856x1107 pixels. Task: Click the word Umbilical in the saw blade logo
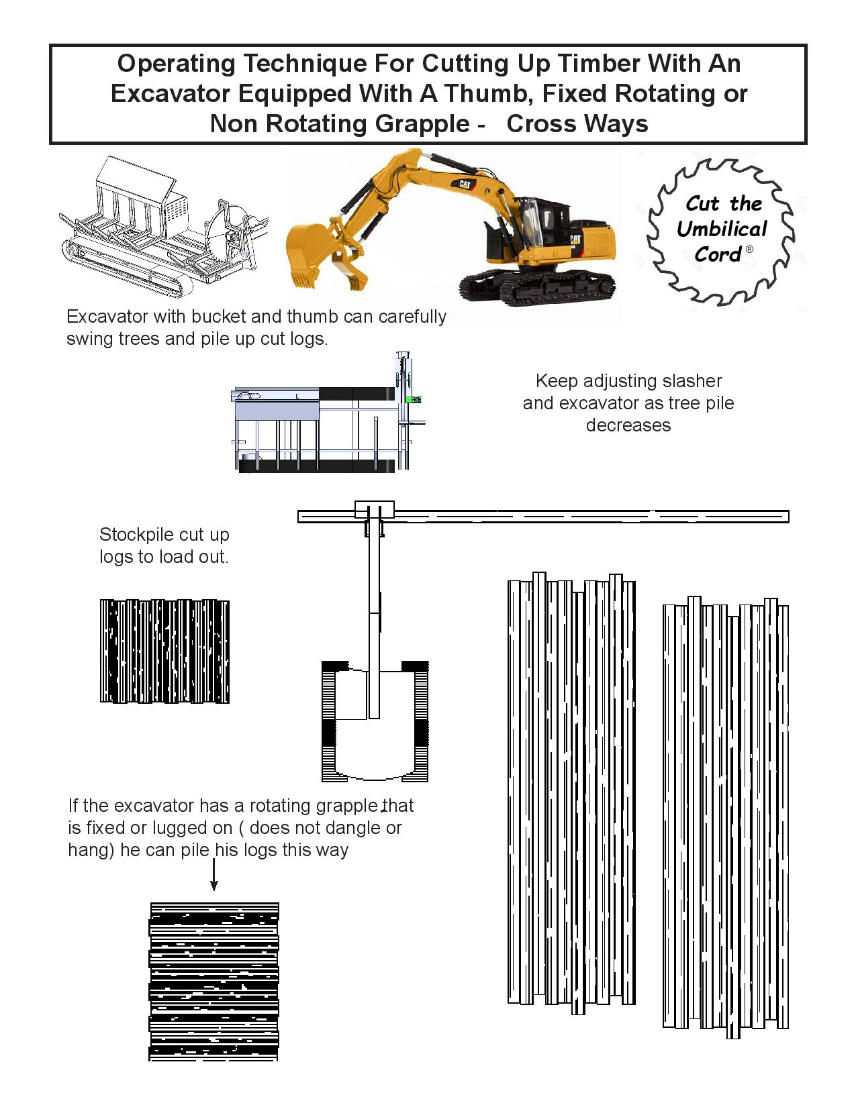click(722, 229)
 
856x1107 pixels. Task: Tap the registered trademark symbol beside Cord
click(750, 250)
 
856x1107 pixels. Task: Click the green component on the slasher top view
click(414, 399)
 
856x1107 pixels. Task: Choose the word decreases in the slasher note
click(628, 425)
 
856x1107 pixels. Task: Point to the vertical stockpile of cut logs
click(164, 651)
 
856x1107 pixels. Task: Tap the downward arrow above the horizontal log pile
click(213, 876)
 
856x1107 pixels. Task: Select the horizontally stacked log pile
click(213, 981)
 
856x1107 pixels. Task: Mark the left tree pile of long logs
click(571, 792)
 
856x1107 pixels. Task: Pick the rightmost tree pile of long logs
click(726, 815)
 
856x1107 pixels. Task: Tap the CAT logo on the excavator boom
click(464, 184)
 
